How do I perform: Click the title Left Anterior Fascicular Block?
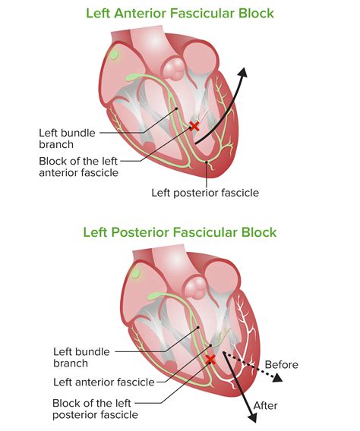click(180, 14)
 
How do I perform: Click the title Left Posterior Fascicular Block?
click(180, 232)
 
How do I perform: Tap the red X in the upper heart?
click(194, 126)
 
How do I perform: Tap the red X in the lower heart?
click(210, 358)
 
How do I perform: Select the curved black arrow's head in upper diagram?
click(242, 73)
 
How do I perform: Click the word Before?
click(281, 364)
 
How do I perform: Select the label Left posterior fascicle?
click(204, 193)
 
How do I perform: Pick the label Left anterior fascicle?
click(103, 382)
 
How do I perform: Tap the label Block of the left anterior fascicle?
click(78, 166)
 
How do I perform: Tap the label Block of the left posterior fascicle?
click(96, 408)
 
